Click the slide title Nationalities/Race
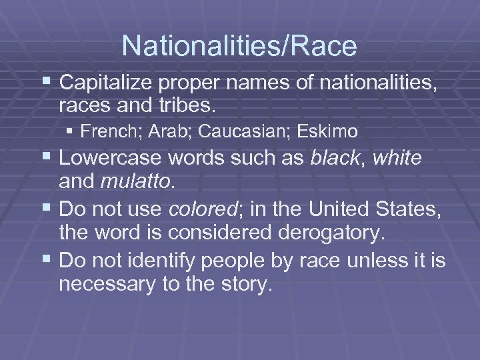coord(239,46)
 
